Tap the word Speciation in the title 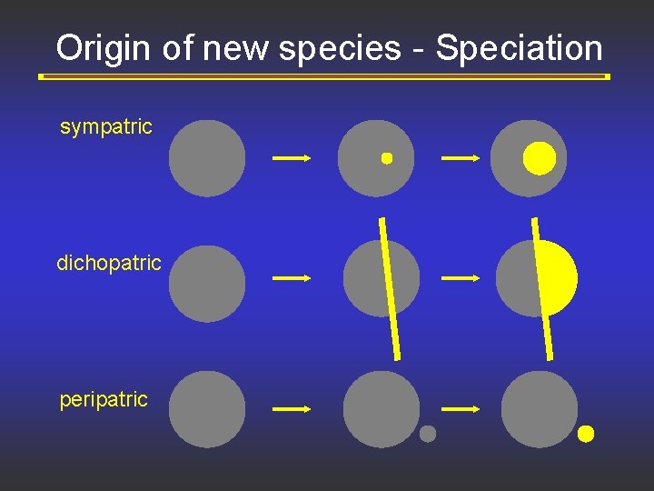point(519,48)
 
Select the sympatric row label point(106,127)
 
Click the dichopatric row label point(109,264)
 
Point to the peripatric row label point(104,400)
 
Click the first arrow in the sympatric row point(292,158)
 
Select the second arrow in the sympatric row point(460,158)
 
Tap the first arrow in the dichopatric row point(292,278)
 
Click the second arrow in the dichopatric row point(460,278)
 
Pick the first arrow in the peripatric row point(292,409)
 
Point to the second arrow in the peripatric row point(460,409)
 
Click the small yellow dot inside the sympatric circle point(386,158)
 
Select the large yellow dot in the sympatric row point(539,158)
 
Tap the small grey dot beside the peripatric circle point(428,435)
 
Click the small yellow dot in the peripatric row point(586,434)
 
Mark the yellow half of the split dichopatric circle point(559,277)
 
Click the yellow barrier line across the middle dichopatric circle point(390,286)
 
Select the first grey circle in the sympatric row point(207,158)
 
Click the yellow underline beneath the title point(324,77)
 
